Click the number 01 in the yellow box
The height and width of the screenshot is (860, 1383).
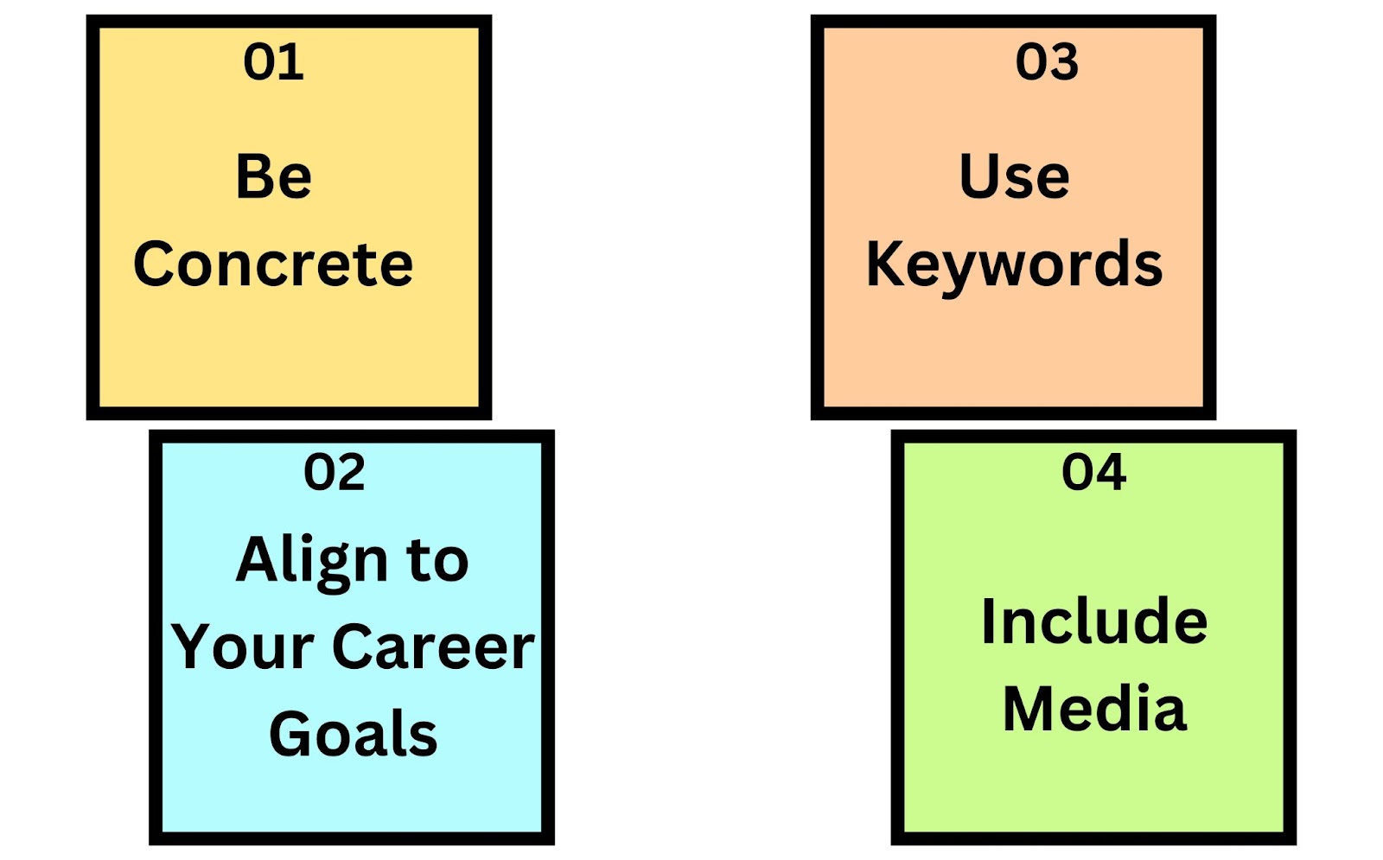click(x=273, y=62)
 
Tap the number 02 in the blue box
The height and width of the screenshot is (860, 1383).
click(x=334, y=472)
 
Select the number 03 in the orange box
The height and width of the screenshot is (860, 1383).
click(x=1047, y=62)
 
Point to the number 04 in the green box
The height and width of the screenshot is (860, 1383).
click(x=1094, y=472)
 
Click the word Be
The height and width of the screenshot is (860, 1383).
click(x=273, y=176)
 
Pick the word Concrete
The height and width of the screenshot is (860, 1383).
click(x=273, y=264)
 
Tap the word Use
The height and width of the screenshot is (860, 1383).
click(x=1015, y=176)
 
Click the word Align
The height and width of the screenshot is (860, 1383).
click(x=312, y=563)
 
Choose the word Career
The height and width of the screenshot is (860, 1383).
click(x=433, y=647)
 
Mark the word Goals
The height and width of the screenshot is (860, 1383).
click(x=354, y=734)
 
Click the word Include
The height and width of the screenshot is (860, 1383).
click(x=1094, y=621)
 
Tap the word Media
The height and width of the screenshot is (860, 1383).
click(x=1094, y=709)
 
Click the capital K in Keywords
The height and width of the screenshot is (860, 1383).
click(x=887, y=264)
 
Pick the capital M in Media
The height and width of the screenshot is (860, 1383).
click(x=1029, y=709)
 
